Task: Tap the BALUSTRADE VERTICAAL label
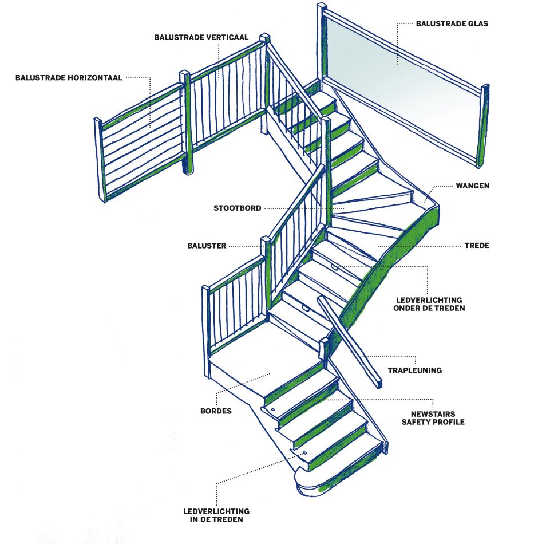pos(201,37)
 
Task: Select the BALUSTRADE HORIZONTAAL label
pos(69,77)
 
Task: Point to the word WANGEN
pos(473,186)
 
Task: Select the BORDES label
pos(216,411)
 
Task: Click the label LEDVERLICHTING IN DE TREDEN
pos(216,515)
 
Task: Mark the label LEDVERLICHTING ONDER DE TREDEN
pos(429,303)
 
